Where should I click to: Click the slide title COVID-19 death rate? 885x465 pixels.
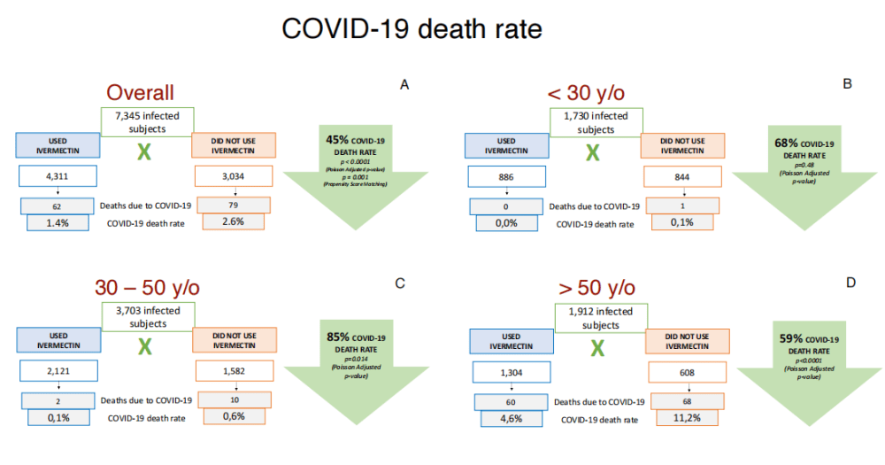[412, 28]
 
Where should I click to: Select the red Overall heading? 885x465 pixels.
[140, 92]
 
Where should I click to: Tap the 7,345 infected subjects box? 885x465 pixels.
[145, 121]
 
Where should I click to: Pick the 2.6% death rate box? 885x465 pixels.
[233, 223]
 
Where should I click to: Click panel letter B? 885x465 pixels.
[847, 84]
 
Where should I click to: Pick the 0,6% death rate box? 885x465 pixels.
[233, 417]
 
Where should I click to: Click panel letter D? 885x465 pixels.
[850, 283]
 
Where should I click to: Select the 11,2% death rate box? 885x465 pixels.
[683, 417]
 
